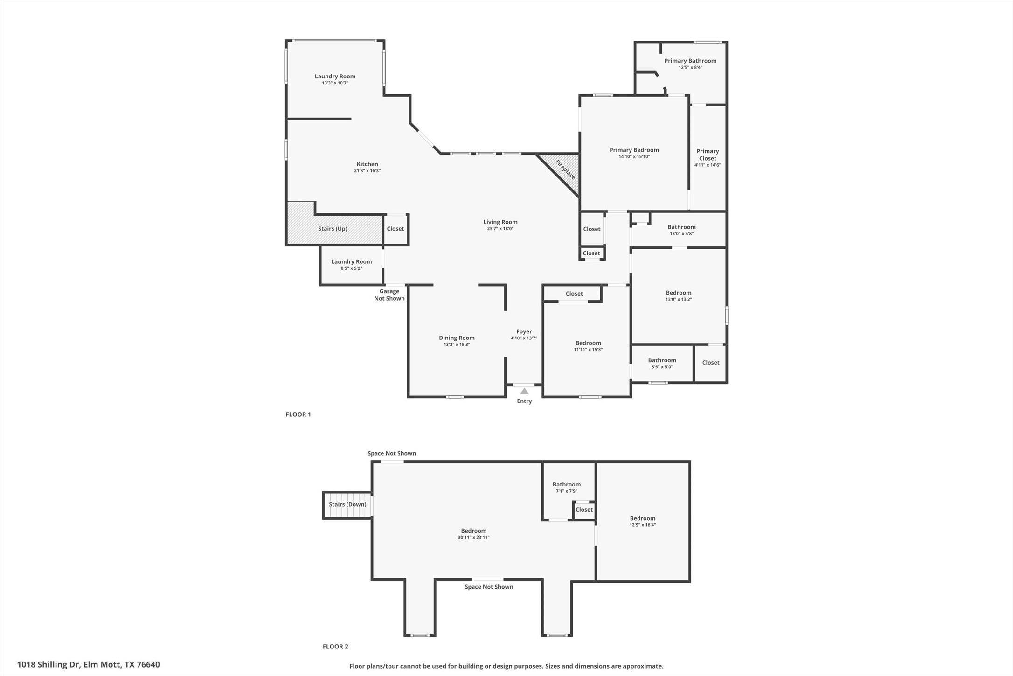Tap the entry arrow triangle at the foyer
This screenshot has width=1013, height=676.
pyautogui.click(x=524, y=391)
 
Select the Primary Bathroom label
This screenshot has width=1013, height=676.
pyautogui.click(x=690, y=61)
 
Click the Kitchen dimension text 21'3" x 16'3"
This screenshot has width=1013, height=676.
pyautogui.click(x=367, y=171)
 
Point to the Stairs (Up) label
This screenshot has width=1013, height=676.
pyautogui.click(x=333, y=229)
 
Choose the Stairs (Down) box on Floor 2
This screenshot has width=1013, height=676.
pyautogui.click(x=347, y=505)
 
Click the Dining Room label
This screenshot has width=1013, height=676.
pyautogui.click(x=457, y=338)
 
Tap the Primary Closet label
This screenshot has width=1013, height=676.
pyautogui.click(x=708, y=155)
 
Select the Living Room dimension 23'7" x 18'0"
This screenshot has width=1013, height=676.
pyautogui.click(x=500, y=229)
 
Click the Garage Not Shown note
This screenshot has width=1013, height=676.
pyautogui.click(x=389, y=295)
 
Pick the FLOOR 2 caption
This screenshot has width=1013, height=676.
pyautogui.click(x=335, y=647)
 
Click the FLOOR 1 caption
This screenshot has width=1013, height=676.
pyautogui.click(x=298, y=415)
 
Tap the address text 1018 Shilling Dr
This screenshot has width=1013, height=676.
pyautogui.click(x=88, y=664)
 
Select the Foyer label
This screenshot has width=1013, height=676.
pyautogui.click(x=524, y=331)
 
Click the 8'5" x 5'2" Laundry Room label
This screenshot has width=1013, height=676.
pyautogui.click(x=351, y=262)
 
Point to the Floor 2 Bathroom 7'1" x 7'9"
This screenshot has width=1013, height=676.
pyautogui.click(x=567, y=485)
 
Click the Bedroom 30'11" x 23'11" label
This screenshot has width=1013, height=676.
pyautogui.click(x=473, y=531)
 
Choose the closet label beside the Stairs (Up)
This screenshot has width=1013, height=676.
pyautogui.click(x=395, y=229)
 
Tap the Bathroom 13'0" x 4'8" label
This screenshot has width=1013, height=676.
pyautogui.click(x=681, y=227)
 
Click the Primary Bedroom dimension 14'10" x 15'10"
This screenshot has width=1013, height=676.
pyautogui.click(x=634, y=157)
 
